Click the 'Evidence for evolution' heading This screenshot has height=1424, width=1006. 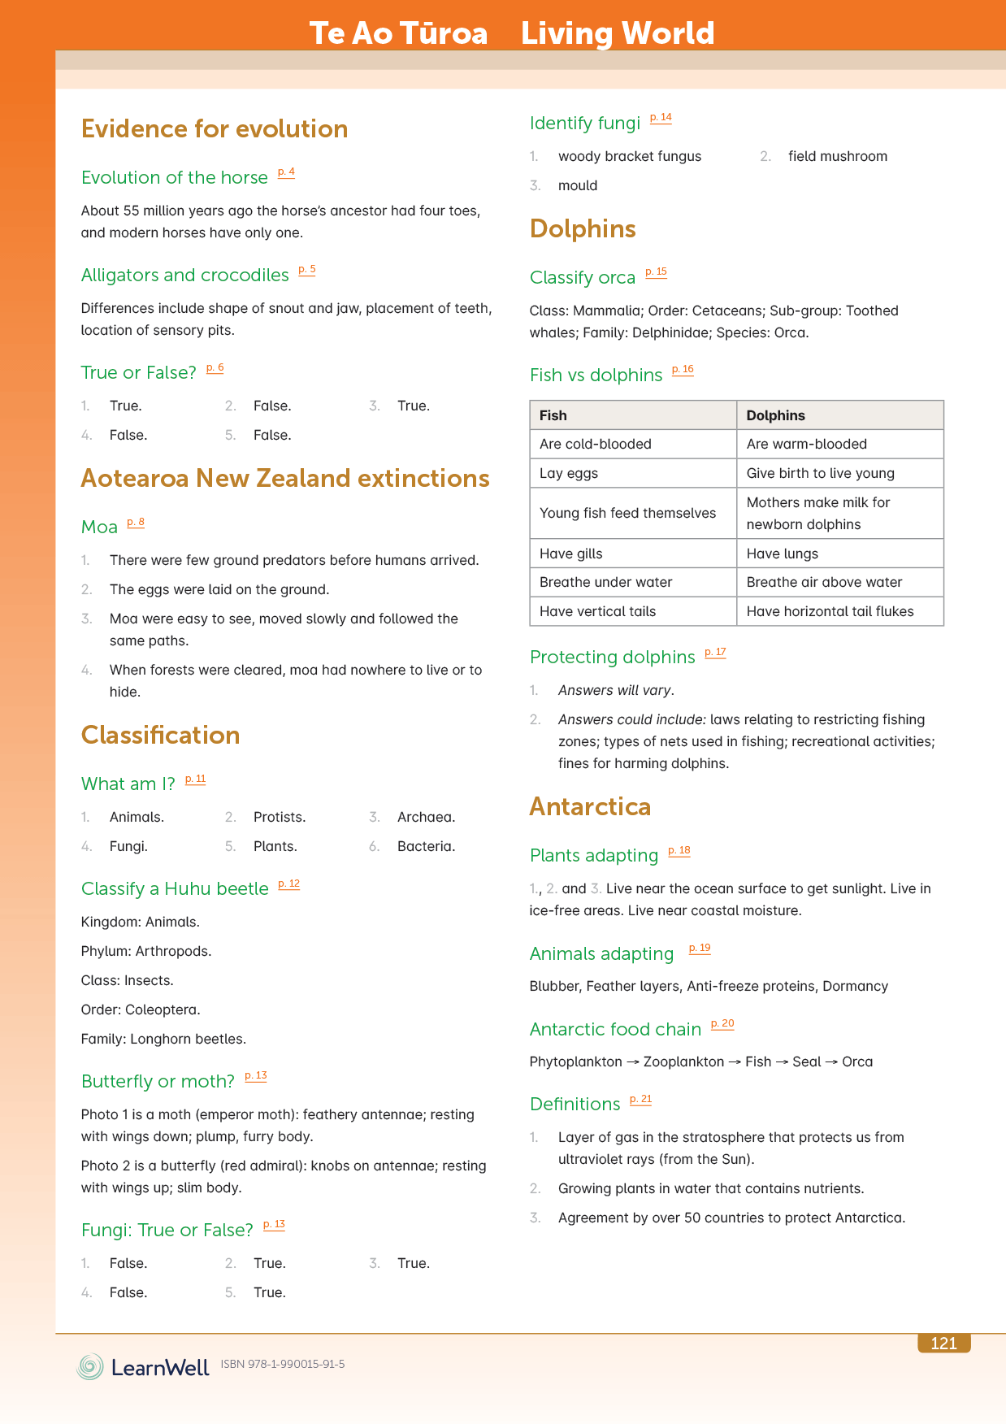pos(215,129)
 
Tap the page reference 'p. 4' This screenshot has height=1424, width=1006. pos(286,172)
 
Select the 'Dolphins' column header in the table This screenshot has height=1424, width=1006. pos(775,415)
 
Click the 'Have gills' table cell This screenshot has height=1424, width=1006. pos(571,554)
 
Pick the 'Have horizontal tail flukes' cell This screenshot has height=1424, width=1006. pos(830,611)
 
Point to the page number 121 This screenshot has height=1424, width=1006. pos(943,1344)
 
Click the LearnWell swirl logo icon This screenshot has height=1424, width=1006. pos(90,1366)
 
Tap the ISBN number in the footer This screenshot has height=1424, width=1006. pos(283,1364)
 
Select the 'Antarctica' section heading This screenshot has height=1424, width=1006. pos(590,807)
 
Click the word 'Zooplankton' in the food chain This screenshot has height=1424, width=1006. pos(683,1061)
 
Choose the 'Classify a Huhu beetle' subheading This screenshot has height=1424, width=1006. pos(175,889)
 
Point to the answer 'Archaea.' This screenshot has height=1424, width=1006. pos(426,817)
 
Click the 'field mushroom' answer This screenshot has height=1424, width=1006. pos(837,156)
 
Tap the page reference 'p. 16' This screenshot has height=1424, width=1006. pos(683,370)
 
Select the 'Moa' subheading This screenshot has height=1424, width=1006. pos(99,527)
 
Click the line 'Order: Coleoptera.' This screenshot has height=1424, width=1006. pos(141,1009)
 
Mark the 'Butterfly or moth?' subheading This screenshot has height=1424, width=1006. pos(158,1082)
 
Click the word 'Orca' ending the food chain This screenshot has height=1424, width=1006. pos(857,1061)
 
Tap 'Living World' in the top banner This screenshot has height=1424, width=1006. pos(617,33)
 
